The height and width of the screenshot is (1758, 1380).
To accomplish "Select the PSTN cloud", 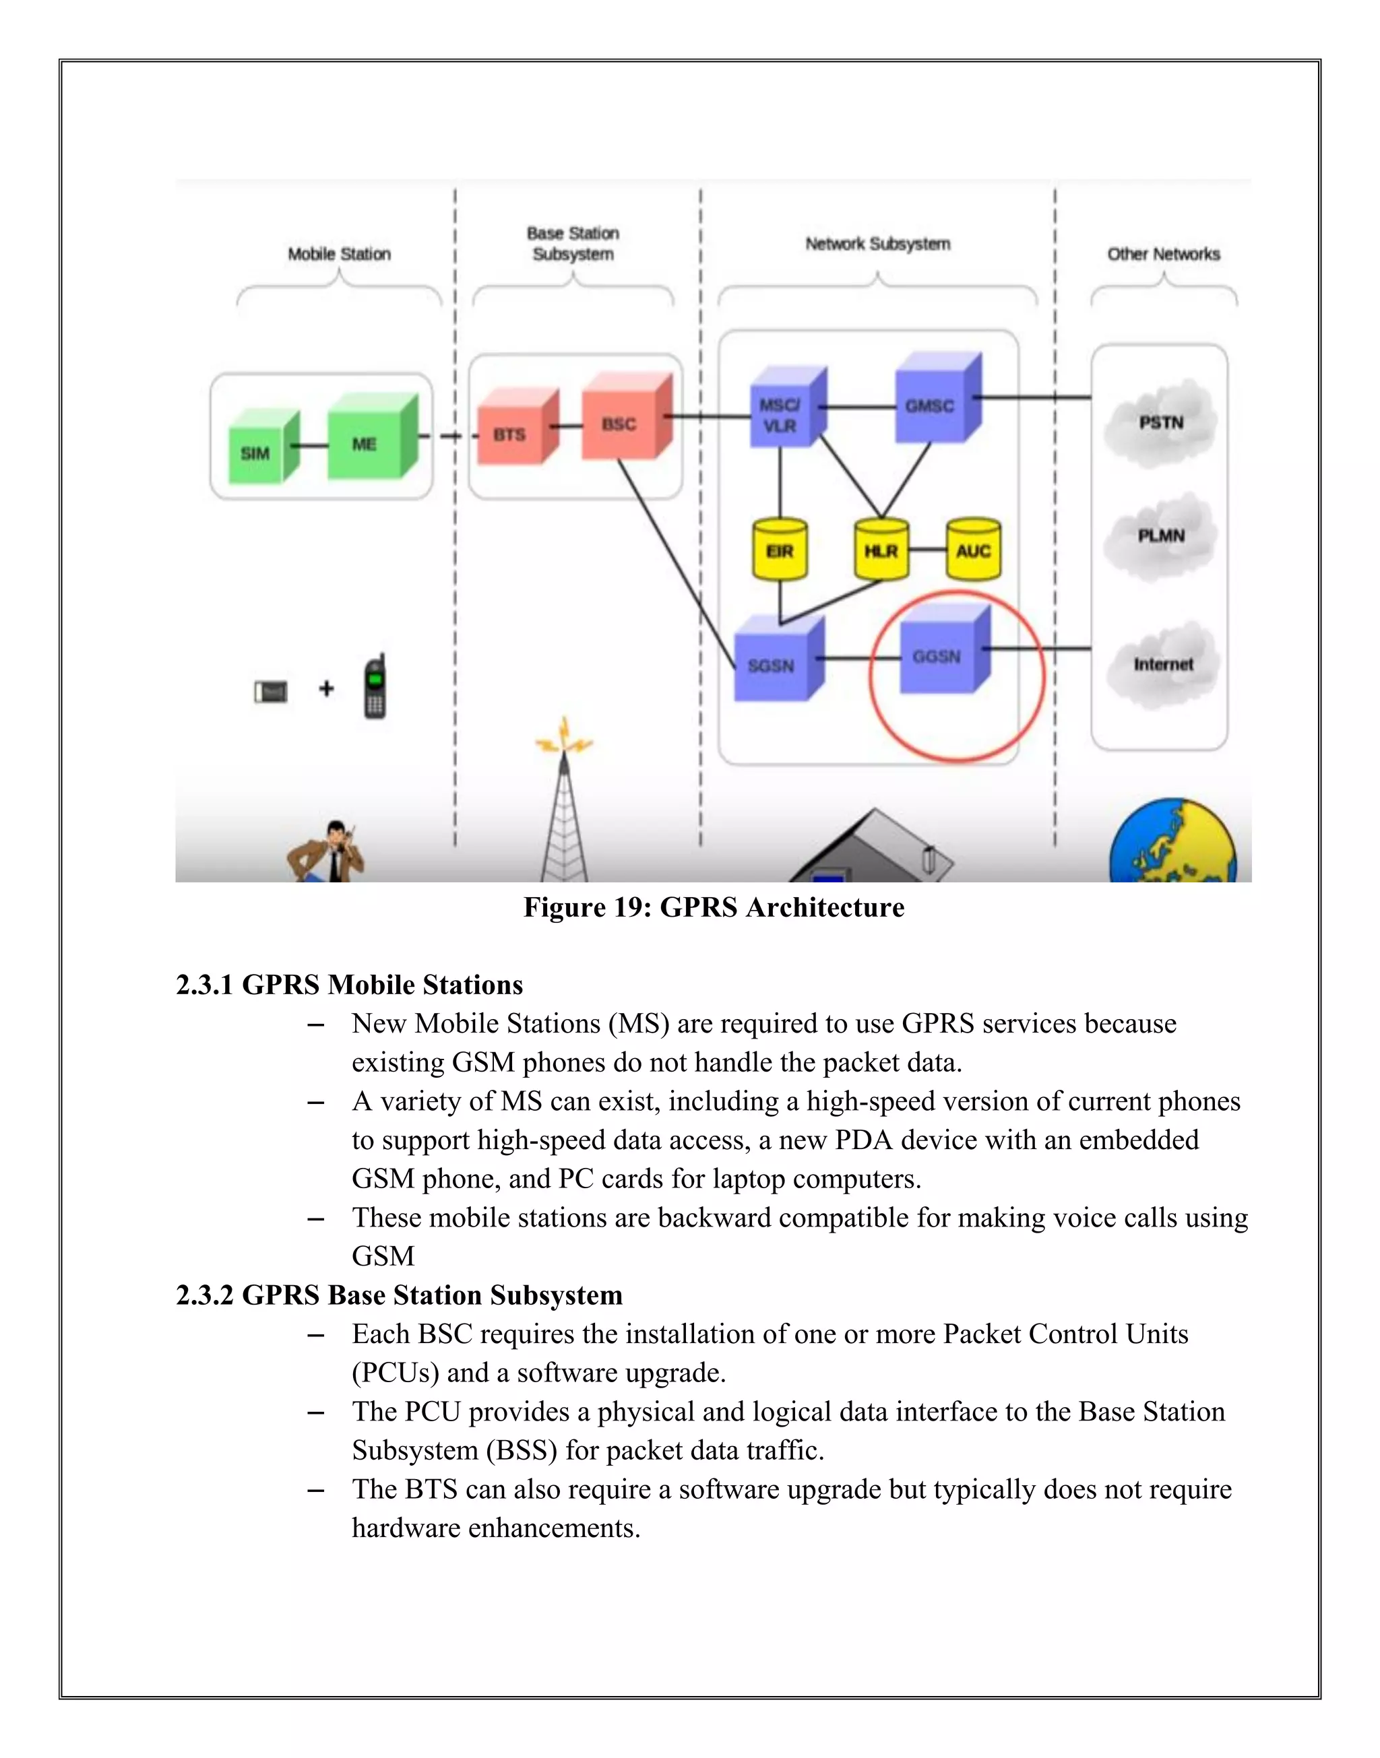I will coord(1161,422).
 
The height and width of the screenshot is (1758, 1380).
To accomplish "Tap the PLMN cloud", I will coord(1161,535).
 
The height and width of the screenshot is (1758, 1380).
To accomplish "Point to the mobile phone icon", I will coord(374,688).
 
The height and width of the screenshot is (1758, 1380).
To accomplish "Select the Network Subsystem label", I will coord(877,244).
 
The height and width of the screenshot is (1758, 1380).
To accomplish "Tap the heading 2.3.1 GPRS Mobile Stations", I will coord(349,985).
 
